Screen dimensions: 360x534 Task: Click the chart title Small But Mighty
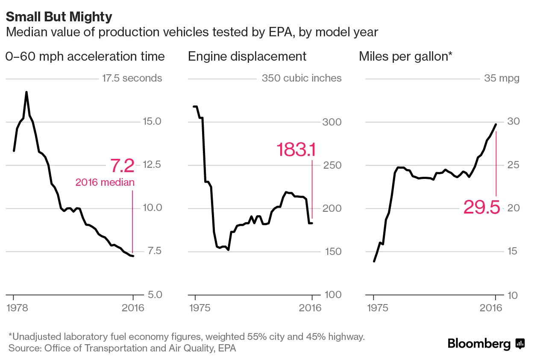pos(59,17)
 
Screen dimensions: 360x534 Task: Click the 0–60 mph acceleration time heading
pos(85,56)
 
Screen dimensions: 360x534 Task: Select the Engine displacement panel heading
pos(247,56)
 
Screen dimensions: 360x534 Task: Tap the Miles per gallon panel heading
pos(405,56)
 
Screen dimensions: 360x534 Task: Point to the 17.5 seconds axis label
pos(132,78)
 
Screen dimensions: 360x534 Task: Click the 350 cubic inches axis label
pos(301,78)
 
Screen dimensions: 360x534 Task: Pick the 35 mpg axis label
pos(502,78)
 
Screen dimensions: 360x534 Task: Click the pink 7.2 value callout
pos(122,165)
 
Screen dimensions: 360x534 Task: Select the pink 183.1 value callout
pos(296,150)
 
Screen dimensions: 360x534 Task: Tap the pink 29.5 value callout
pos(481,208)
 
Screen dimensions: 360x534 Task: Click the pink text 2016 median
pos(105,182)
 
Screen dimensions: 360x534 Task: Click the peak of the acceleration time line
pos(26,92)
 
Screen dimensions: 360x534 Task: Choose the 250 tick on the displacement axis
pos(331,165)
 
